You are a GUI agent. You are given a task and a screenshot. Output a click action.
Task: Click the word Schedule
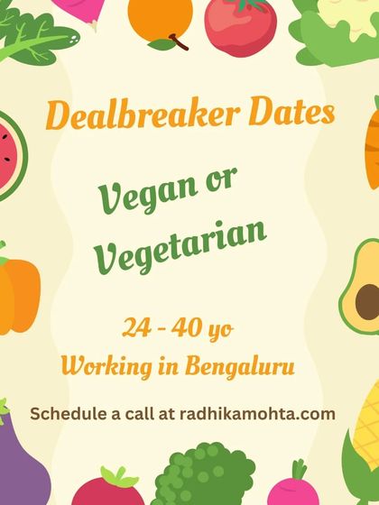(69, 414)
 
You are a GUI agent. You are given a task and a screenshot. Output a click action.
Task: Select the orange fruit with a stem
(161, 22)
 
